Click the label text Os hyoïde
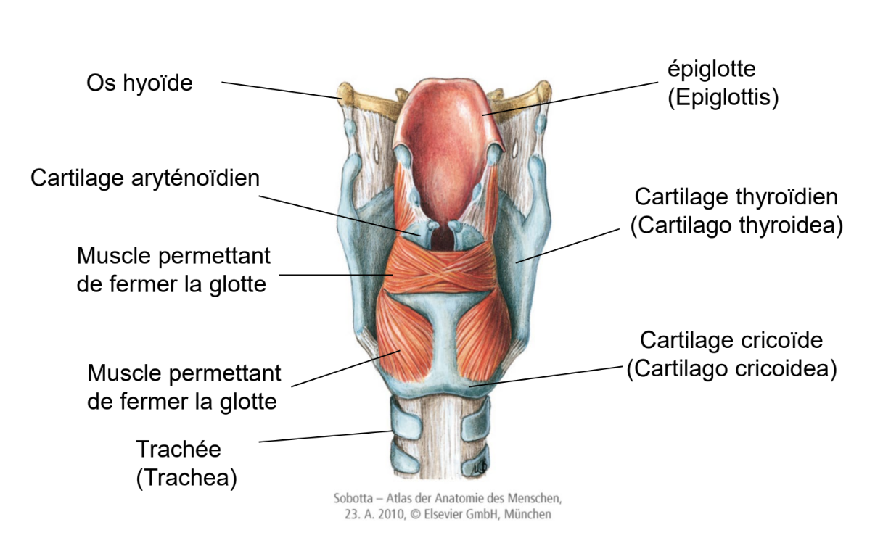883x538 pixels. coord(139,83)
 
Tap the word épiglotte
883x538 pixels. coord(712,70)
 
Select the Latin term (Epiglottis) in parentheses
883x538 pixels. coord(723,97)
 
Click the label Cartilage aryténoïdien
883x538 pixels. coord(144,178)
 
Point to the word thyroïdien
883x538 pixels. coord(785,196)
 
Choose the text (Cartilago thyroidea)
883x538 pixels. coord(736,225)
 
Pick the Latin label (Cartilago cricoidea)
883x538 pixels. coord(731,368)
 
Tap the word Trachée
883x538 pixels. coord(178,450)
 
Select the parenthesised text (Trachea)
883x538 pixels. coord(186,478)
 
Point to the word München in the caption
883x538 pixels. coord(529,515)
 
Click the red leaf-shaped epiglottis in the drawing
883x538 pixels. coord(446,123)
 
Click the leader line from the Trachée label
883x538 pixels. coord(326,436)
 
